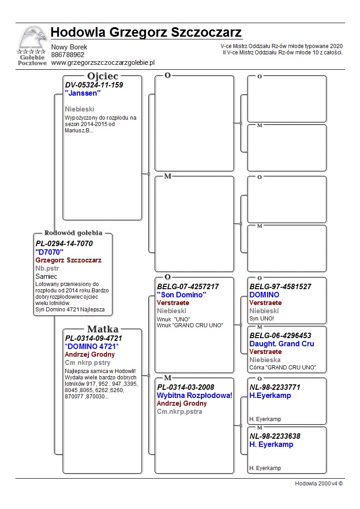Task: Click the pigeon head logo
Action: pyautogui.click(x=32, y=39)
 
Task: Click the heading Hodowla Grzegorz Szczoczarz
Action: pyautogui.click(x=146, y=33)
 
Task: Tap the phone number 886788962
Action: pyautogui.click(x=68, y=55)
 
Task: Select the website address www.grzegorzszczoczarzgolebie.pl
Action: pyautogui.click(x=103, y=63)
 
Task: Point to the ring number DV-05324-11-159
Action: pyautogui.click(x=94, y=85)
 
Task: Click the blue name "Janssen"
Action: pyautogui.click(x=83, y=93)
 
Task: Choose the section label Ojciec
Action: pyautogui.click(x=102, y=76)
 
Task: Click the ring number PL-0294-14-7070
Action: pyautogui.click(x=64, y=243)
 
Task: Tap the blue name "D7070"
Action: pyautogui.click(x=49, y=252)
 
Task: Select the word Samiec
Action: pyautogui.click(x=46, y=276)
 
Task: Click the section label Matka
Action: pyautogui.click(x=102, y=330)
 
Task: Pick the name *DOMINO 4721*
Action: pyautogui.click(x=92, y=346)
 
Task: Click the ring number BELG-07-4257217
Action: pyautogui.click(x=188, y=287)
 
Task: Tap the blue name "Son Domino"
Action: pyautogui.click(x=181, y=295)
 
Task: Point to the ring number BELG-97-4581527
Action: pyautogui.click(x=280, y=287)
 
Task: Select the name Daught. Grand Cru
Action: pyautogui.click(x=282, y=344)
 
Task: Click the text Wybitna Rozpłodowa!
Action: pyautogui.click(x=195, y=396)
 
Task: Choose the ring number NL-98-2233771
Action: pyautogui.click(x=275, y=388)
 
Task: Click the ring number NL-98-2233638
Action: pyautogui.click(x=275, y=436)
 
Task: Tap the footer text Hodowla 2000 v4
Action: pyautogui.click(x=319, y=484)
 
